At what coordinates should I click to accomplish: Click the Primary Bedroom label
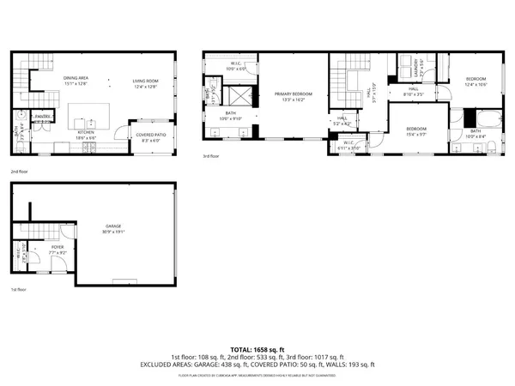pyautogui.click(x=293, y=96)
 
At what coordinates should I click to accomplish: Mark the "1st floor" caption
pyautogui.click(x=19, y=290)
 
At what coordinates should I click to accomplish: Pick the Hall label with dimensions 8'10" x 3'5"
pyautogui.click(x=413, y=91)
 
